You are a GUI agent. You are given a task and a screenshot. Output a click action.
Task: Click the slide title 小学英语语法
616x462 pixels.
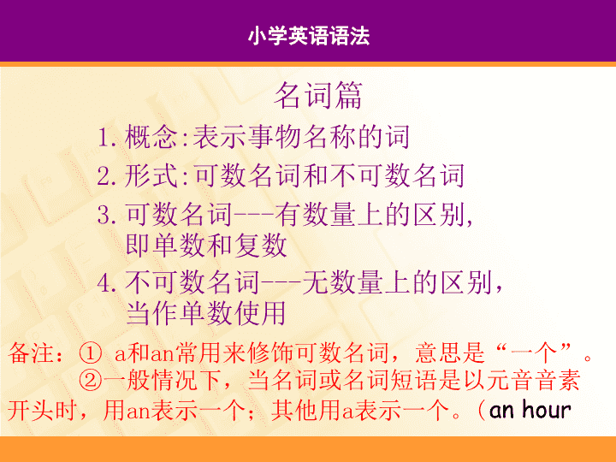click(309, 36)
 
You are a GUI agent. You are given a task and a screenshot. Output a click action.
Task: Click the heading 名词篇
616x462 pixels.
click(318, 96)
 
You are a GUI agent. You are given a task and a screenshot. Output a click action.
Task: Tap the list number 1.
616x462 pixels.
click(107, 138)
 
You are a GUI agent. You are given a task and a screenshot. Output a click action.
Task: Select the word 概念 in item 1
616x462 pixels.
click(151, 137)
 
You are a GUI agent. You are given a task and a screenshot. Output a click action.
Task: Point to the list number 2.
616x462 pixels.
click(107, 176)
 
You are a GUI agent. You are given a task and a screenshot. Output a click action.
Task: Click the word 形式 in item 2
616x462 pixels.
click(151, 175)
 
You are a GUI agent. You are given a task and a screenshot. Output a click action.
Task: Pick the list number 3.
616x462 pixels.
click(107, 216)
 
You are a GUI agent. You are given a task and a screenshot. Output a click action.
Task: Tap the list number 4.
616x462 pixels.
click(107, 283)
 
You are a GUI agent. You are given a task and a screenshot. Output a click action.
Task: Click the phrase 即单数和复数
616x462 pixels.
click(207, 246)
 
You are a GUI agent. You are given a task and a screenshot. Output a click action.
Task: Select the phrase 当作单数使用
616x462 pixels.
click(206, 313)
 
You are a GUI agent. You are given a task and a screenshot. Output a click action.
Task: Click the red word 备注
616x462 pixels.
click(32, 352)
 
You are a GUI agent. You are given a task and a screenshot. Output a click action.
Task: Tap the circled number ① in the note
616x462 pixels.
click(91, 353)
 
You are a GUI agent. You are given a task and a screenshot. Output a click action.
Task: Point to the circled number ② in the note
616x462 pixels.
click(91, 380)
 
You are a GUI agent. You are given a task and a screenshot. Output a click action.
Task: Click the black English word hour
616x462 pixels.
click(547, 410)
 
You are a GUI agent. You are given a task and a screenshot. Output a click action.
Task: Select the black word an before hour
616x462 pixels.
click(501, 411)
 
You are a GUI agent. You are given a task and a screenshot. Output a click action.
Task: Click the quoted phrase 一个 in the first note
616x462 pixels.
click(534, 352)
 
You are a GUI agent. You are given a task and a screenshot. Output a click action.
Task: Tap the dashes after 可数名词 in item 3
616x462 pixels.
click(254, 216)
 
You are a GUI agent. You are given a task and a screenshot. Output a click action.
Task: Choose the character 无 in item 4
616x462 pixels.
click(315, 282)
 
